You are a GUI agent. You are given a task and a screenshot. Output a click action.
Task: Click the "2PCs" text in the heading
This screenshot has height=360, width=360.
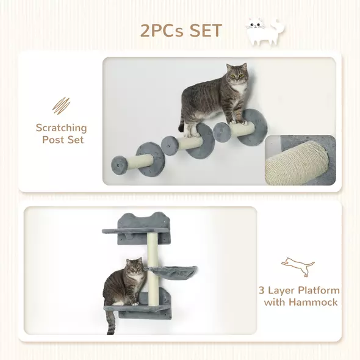coord(160,30)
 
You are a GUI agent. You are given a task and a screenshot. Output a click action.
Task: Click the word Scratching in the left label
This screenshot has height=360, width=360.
coord(61,128)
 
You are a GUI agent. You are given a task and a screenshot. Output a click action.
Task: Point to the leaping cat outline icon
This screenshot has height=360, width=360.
coord(298,266)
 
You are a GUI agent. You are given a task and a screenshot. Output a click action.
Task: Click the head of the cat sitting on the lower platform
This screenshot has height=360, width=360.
coord(134,268)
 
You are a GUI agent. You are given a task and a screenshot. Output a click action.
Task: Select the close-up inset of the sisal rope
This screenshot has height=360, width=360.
coord(300,160)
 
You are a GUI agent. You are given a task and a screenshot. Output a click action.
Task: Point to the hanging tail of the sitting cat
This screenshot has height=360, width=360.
coord(111,323)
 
